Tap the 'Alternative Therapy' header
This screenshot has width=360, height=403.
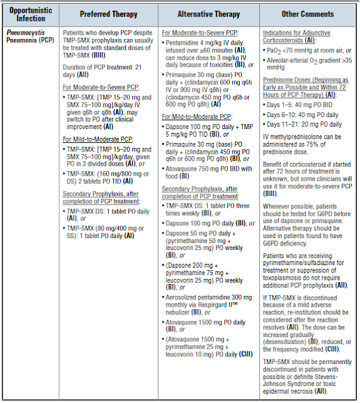pyautogui.click(x=208, y=13)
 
